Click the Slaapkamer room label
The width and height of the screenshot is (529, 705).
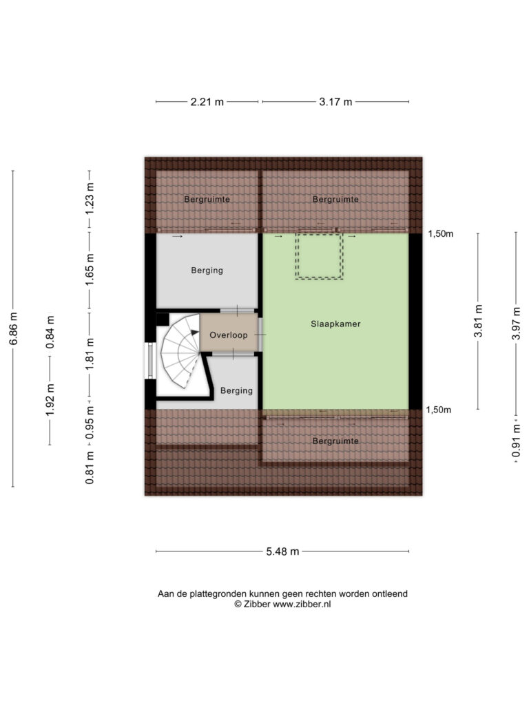tap(335, 324)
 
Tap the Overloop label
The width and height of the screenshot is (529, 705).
tap(229, 335)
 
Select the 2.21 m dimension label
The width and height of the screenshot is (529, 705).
tap(207, 102)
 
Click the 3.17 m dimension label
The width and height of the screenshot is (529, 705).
tap(335, 102)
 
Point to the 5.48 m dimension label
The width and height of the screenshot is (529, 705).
tap(282, 551)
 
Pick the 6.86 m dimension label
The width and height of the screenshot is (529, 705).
tap(14, 328)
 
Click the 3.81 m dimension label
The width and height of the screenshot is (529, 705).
tap(478, 321)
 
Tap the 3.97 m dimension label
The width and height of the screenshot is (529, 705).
tap(516, 324)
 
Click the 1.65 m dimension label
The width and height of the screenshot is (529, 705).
tap(90, 269)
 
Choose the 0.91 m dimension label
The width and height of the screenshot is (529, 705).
tap(516, 441)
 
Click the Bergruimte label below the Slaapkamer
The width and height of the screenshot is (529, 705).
tap(335, 441)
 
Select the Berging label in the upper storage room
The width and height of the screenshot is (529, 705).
tap(207, 270)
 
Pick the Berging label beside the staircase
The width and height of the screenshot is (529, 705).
tap(236, 391)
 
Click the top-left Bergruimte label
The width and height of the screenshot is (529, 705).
tap(207, 199)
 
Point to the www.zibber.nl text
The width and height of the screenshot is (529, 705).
tap(302, 604)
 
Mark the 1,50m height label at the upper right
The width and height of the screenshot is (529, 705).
tap(440, 234)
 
